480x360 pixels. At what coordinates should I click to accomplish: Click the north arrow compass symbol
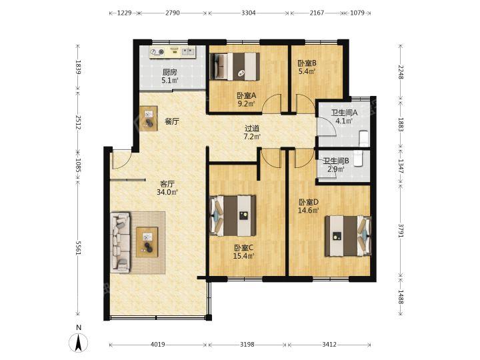79,341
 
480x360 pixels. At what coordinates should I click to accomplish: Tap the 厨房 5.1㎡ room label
170,76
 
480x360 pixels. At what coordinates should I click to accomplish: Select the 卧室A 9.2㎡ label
247,99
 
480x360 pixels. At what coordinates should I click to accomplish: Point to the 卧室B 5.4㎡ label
307,67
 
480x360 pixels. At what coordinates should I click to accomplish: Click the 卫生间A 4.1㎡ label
344,117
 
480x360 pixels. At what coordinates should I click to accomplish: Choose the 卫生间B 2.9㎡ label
336,165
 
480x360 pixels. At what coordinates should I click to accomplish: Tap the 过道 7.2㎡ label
252,133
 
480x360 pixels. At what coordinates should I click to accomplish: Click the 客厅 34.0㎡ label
167,188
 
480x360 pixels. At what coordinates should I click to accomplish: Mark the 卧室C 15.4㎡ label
244,251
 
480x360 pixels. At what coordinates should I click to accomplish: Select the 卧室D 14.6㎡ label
309,206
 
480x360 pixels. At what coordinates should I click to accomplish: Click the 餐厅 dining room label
172,121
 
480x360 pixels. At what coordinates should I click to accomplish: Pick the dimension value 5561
79,248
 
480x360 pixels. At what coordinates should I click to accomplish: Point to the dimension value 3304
249,13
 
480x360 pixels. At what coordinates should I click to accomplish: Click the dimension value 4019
158,345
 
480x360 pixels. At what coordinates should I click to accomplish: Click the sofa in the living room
120,243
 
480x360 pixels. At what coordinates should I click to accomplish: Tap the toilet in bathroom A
364,138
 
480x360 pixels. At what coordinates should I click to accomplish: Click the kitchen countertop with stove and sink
173,52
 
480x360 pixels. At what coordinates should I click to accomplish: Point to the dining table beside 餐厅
149,118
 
